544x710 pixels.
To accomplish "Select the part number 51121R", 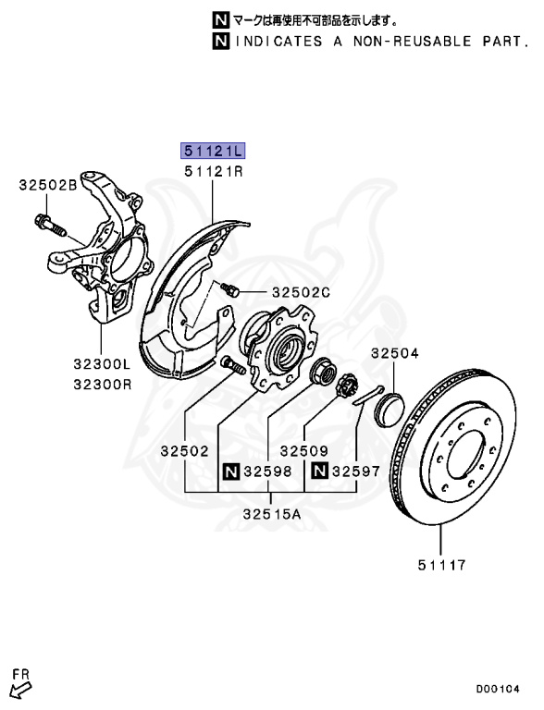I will [214, 171].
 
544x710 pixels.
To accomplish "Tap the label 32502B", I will [47, 185].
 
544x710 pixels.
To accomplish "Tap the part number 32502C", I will [301, 292].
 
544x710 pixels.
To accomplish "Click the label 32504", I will [395, 353].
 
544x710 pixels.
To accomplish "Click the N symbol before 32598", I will [230, 472].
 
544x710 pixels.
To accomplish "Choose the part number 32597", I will [356, 472].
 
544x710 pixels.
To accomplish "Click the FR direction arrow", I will [20, 685].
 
